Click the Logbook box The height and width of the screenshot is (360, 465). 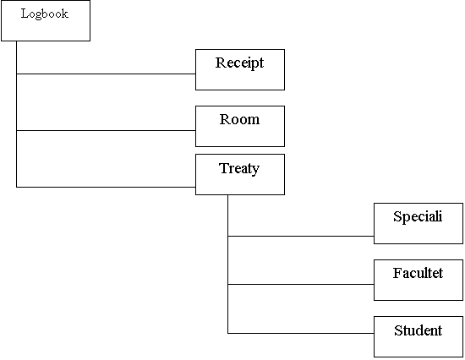point(46,20)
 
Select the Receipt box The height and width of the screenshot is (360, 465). point(240,69)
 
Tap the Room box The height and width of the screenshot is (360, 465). point(240,126)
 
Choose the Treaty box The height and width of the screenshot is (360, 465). point(240,174)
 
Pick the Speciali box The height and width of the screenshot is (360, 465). point(418,224)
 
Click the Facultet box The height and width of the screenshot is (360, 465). point(418,281)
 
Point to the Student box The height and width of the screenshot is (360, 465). point(418,336)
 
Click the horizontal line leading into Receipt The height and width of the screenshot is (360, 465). point(106,74)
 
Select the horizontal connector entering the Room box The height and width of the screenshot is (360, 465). point(106,130)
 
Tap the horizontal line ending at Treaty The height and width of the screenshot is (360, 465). point(106,187)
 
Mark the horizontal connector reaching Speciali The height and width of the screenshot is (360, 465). point(301,236)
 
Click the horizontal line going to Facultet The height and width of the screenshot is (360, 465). point(301,284)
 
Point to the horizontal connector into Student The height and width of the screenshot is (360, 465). point(301,333)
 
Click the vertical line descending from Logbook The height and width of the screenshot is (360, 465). point(16,114)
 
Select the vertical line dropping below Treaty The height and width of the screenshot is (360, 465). point(227,265)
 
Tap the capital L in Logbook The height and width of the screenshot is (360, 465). point(25,14)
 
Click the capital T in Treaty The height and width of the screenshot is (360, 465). point(224,168)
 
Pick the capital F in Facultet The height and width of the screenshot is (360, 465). point(397,273)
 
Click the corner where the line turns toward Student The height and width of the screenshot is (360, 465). point(227,333)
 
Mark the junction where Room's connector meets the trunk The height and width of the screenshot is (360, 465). point(16,130)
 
